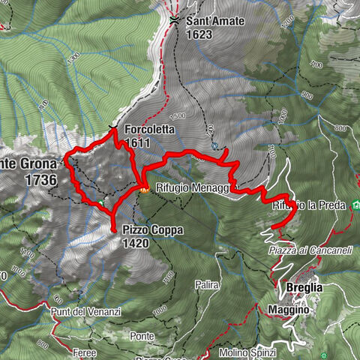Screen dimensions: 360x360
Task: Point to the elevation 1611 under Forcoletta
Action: tap(138, 142)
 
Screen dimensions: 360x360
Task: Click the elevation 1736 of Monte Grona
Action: tap(40, 181)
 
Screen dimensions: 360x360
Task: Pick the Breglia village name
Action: tap(303, 288)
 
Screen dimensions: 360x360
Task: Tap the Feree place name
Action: tap(85, 352)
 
